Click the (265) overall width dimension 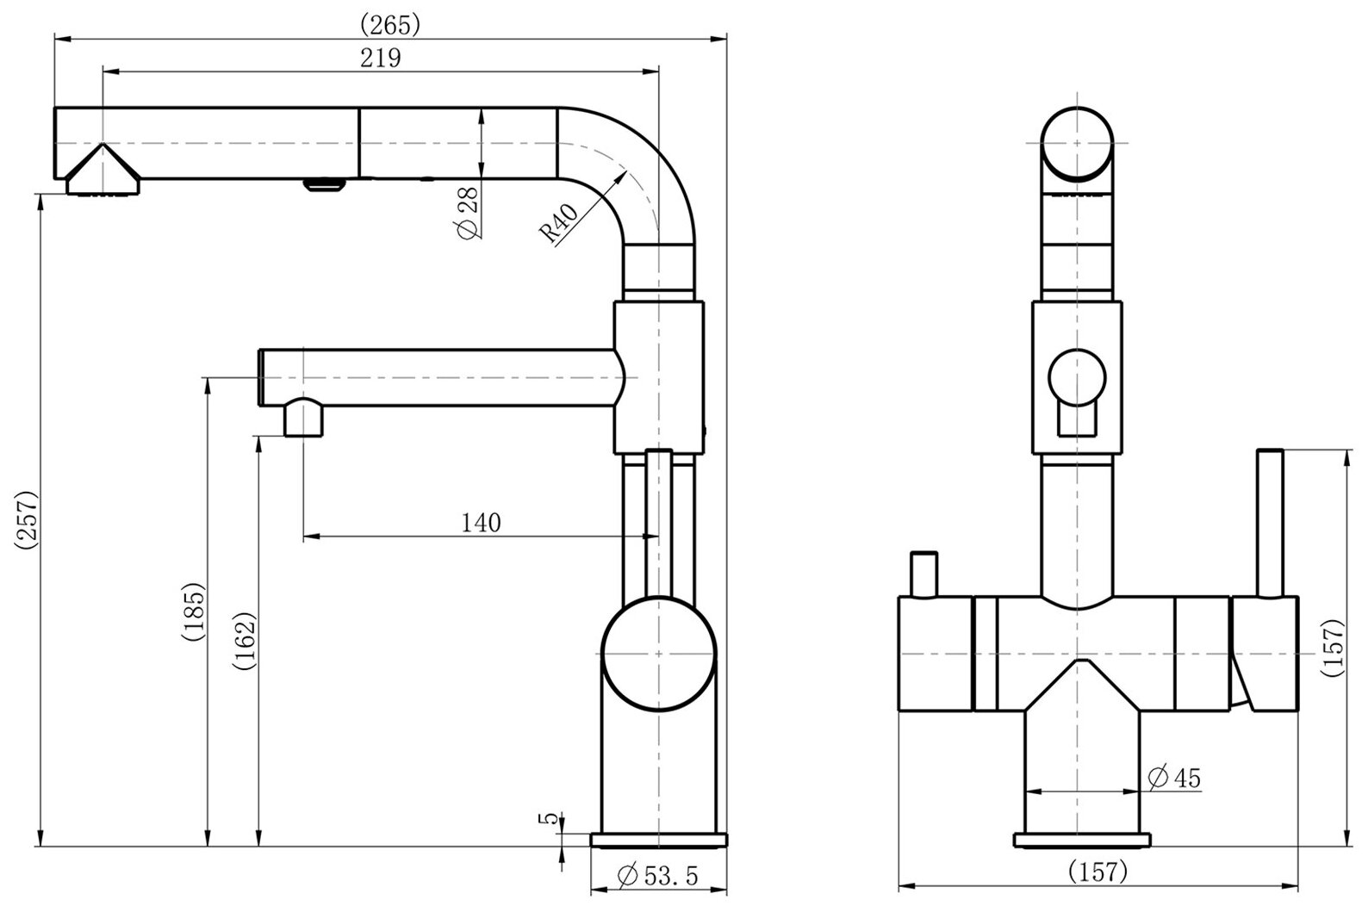[389, 24]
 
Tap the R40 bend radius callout [557, 223]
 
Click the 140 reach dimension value [481, 523]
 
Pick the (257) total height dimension [26, 518]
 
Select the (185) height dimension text [193, 613]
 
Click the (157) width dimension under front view [1097, 872]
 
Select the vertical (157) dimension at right [1333, 646]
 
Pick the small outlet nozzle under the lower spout [304, 419]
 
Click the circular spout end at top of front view [1077, 143]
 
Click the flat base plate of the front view [1083, 841]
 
